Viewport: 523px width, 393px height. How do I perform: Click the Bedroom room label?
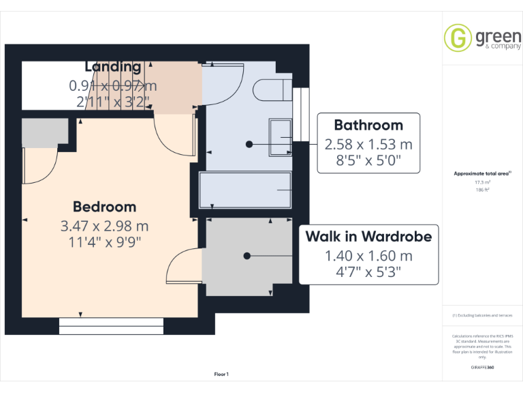(105, 207)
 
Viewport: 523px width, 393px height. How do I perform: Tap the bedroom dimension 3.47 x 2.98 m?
(105, 225)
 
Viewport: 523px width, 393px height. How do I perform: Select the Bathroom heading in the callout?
(368, 125)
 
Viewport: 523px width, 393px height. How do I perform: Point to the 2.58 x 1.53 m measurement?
(368, 144)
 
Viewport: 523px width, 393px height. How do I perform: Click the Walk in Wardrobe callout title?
(368, 237)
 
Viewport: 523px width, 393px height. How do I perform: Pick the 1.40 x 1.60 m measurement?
(368, 256)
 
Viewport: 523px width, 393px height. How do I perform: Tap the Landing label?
(113, 67)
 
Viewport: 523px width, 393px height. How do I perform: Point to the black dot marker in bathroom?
(249, 144)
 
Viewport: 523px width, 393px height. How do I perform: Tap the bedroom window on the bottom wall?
(111, 326)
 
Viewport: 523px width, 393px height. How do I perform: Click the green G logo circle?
(458, 38)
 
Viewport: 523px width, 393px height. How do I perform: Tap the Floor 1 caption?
(221, 375)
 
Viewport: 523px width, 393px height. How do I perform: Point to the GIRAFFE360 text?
(482, 368)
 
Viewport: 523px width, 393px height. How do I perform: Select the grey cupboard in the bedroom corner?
(45, 132)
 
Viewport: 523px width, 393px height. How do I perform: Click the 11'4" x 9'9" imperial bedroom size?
(105, 241)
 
